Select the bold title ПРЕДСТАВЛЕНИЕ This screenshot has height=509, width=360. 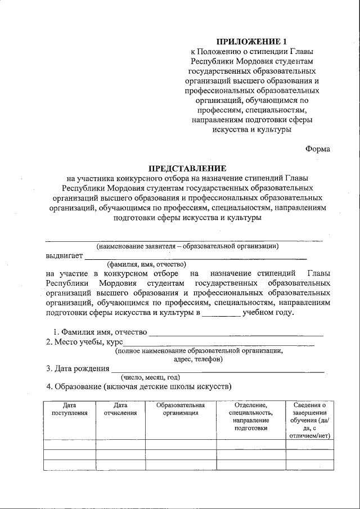tap(187, 168)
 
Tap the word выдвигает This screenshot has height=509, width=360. tap(64, 256)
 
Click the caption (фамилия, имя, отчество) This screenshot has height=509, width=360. tap(147, 264)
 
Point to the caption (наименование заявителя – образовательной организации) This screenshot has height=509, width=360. tap(187, 246)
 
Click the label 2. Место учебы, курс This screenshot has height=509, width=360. tap(84, 341)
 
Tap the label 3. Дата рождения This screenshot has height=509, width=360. tap(78, 369)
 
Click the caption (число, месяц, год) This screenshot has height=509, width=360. tap(146, 377)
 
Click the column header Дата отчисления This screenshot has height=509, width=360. tap(120, 409)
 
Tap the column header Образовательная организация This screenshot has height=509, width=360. tap(181, 409)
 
